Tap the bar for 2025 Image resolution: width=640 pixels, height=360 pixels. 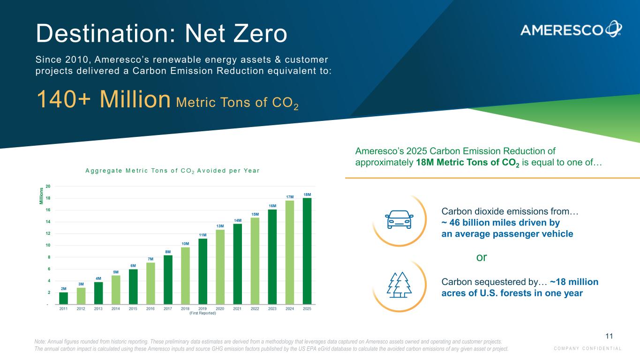click(x=307, y=251)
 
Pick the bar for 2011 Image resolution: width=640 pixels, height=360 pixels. click(x=64, y=299)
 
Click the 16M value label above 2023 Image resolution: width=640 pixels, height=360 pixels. click(x=272, y=205)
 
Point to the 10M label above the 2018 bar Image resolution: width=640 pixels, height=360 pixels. click(x=185, y=243)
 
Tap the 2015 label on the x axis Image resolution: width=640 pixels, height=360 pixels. click(x=133, y=308)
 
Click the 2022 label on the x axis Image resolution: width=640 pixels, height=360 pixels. click(x=255, y=308)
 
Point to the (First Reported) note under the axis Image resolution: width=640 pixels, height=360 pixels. click(x=203, y=313)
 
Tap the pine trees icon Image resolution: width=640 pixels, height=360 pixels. click(x=399, y=285)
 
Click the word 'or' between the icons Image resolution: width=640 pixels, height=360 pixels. click(x=482, y=257)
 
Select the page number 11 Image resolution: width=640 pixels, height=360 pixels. click(x=609, y=336)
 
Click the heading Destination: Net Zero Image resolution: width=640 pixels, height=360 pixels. click(x=161, y=34)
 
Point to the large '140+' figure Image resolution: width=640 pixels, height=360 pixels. click(x=67, y=100)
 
